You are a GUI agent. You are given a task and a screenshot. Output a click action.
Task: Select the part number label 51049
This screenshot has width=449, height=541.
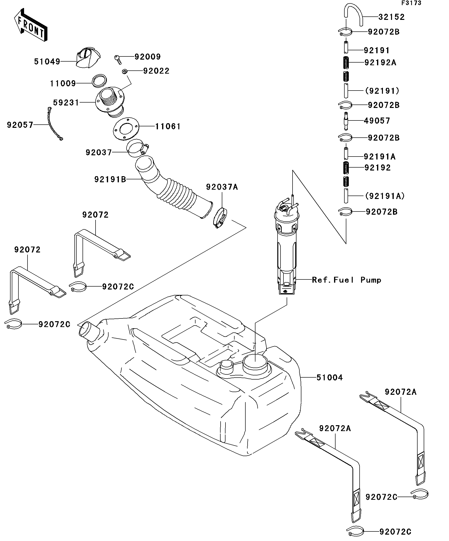(47, 62)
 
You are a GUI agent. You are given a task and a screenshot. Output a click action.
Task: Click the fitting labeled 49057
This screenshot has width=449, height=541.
(346, 121)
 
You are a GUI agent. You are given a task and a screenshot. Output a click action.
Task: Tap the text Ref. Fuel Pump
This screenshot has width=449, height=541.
(346, 280)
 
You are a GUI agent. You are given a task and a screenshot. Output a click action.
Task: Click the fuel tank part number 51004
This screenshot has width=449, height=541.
(330, 378)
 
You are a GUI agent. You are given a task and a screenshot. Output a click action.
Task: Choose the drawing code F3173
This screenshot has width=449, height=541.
(411, 3)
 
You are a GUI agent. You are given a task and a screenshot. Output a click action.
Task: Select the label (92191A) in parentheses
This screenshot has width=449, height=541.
(385, 196)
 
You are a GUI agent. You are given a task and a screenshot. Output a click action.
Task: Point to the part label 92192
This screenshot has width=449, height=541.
(378, 168)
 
